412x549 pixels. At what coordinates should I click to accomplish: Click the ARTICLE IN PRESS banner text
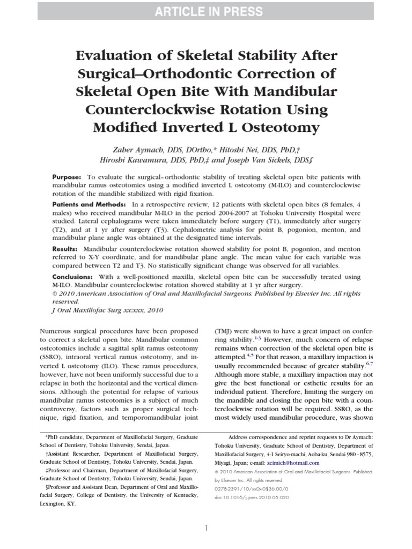206,12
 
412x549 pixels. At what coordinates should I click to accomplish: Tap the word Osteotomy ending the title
279,128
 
